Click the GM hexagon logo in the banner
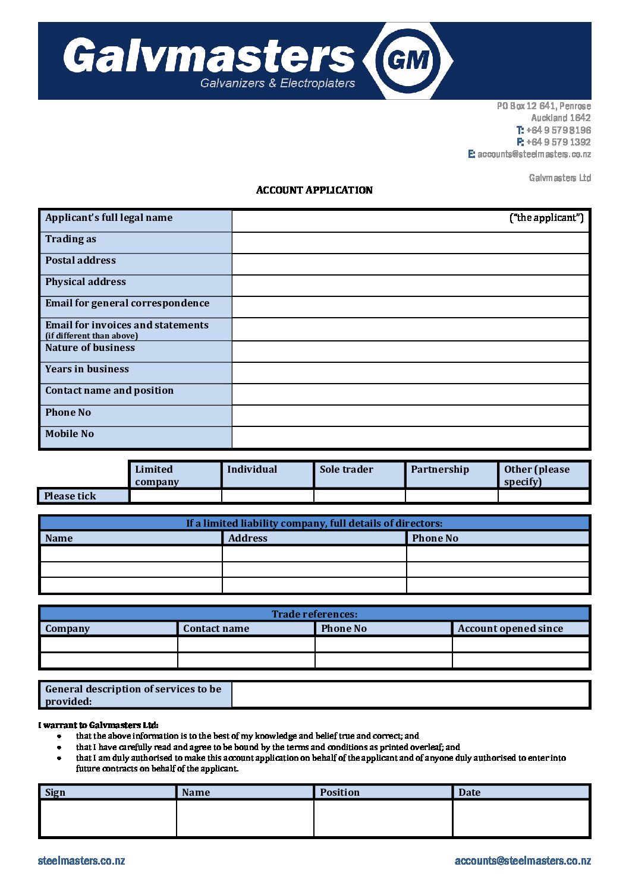408,61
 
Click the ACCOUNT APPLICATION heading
314,190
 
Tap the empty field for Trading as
410,242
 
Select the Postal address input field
410,264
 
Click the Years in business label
87,369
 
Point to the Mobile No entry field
410,437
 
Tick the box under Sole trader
359,496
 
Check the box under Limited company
175,496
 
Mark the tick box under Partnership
451,496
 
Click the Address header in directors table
248,538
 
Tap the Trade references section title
314,614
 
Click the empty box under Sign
108,818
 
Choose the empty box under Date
520,818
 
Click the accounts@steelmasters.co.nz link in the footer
523,860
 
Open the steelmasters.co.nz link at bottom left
81,860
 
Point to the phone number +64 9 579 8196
558,130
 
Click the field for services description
410,695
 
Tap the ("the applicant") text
546,218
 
